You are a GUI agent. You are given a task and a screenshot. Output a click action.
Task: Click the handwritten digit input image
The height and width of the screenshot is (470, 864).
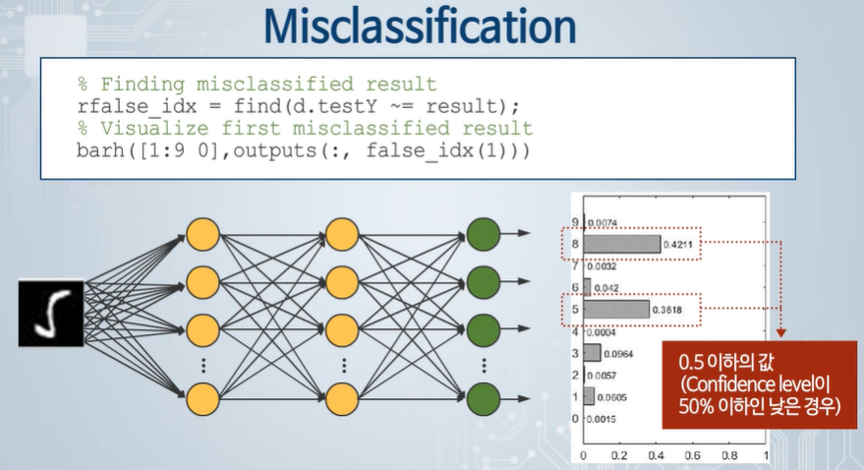coord(45,313)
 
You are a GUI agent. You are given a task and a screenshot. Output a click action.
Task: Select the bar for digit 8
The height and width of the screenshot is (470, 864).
coord(623,244)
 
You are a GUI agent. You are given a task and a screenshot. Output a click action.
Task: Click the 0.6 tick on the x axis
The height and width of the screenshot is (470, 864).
coord(692,456)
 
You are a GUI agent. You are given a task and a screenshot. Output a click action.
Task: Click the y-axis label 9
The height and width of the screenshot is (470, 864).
coord(575,223)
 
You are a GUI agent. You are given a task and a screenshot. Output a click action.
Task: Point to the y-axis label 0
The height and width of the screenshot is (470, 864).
coord(575,419)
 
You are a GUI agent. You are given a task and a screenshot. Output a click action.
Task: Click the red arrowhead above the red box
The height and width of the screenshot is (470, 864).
coord(781,333)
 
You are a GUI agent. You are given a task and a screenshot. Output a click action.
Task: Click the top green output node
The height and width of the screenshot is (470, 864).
coord(485,234)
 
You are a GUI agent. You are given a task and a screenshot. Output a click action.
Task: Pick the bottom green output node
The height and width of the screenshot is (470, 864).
coord(485,398)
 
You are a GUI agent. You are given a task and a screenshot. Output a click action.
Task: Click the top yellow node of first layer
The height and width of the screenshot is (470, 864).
coord(202,234)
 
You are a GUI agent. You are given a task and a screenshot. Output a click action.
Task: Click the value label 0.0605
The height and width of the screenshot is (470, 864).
coord(615,396)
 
